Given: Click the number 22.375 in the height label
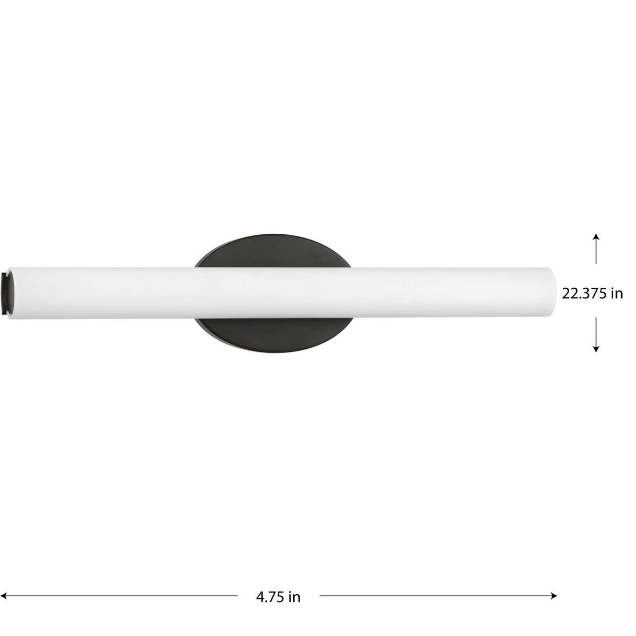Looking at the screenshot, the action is (x=583, y=294).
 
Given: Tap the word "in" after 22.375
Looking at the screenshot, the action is (x=616, y=294).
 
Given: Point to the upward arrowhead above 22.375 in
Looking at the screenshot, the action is (x=596, y=236).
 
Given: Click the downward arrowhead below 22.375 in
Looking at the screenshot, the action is (x=596, y=349).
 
